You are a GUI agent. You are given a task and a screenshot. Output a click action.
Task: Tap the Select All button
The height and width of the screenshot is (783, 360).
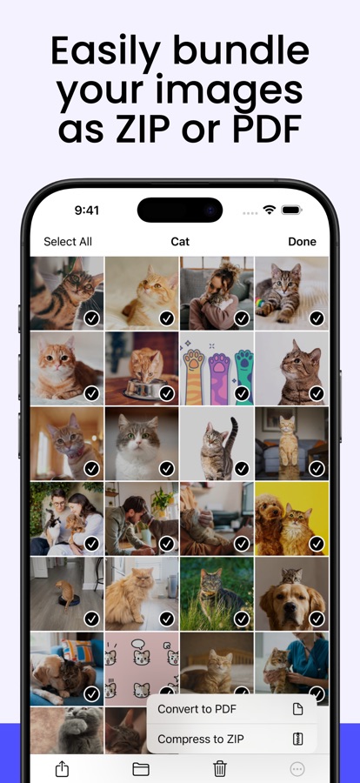pyautogui.click(x=68, y=242)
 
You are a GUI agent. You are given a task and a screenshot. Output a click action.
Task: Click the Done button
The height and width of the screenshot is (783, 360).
pyautogui.click(x=302, y=242)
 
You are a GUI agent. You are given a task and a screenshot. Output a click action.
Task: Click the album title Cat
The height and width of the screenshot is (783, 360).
pyautogui.click(x=180, y=242)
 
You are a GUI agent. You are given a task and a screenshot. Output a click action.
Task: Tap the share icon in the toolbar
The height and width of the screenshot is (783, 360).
pyautogui.click(x=62, y=769)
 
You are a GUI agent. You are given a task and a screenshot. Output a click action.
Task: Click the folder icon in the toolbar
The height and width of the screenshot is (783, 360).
pyautogui.click(x=141, y=770)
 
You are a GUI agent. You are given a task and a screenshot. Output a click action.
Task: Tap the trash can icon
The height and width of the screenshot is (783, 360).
pyautogui.click(x=220, y=769)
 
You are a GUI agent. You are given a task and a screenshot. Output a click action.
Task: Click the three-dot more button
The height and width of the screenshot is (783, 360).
pyautogui.click(x=297, y=770)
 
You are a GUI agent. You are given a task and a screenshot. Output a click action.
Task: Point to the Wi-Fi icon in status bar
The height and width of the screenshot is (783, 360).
pyautogui.click(x=270, y=210)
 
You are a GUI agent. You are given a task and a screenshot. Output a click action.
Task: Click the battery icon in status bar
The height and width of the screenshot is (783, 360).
pyautogui.click(x=291, y=210)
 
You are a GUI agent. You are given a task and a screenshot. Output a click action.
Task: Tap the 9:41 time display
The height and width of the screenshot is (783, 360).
pyautogui.click(x=87, y=211)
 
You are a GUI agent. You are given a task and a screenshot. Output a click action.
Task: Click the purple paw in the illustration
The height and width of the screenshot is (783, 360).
pyautogui.click(x=219, y=374)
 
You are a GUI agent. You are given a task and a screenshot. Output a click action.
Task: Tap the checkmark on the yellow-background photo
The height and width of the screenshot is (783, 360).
pyautogui.click(x=317, y=543)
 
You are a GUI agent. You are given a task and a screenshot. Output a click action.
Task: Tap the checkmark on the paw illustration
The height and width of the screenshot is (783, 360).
pyautogui.click(x=242, y=393)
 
